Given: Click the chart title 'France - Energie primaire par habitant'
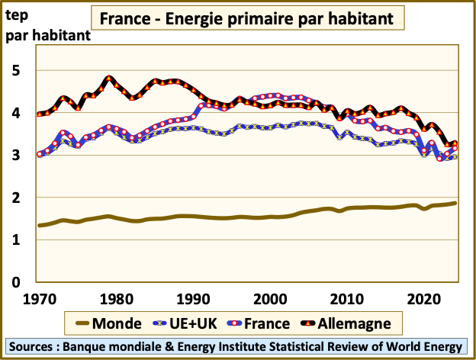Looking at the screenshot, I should pos(245,17).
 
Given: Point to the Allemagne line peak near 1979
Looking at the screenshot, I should pos(109,78).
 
